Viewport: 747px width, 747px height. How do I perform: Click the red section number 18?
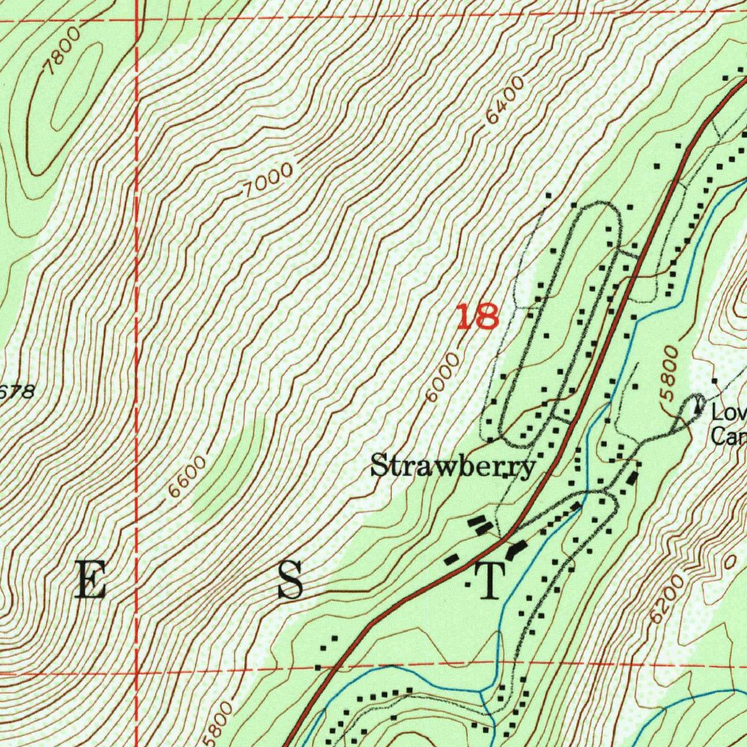(478, 317)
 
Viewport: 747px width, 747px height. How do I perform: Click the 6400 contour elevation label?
(504, 101)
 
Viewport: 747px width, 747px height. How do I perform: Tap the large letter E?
(91, 581)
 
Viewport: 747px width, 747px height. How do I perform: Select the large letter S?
(290, 581)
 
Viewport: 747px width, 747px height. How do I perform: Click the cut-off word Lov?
(728, 414)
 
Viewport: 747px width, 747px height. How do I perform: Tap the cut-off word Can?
(727, 436)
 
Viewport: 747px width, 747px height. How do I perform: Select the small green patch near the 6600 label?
(226, 467)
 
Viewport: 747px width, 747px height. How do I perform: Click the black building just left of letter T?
(452, 560)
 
